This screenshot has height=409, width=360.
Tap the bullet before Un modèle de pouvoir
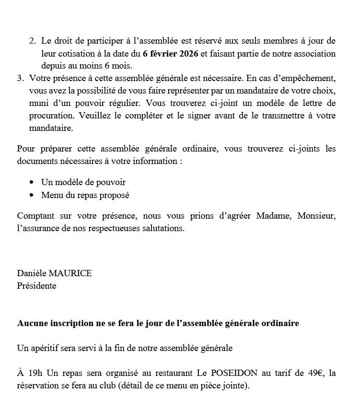(32, 183)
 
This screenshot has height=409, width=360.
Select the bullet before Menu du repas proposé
(32, 195)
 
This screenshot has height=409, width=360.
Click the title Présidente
(36, 286)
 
